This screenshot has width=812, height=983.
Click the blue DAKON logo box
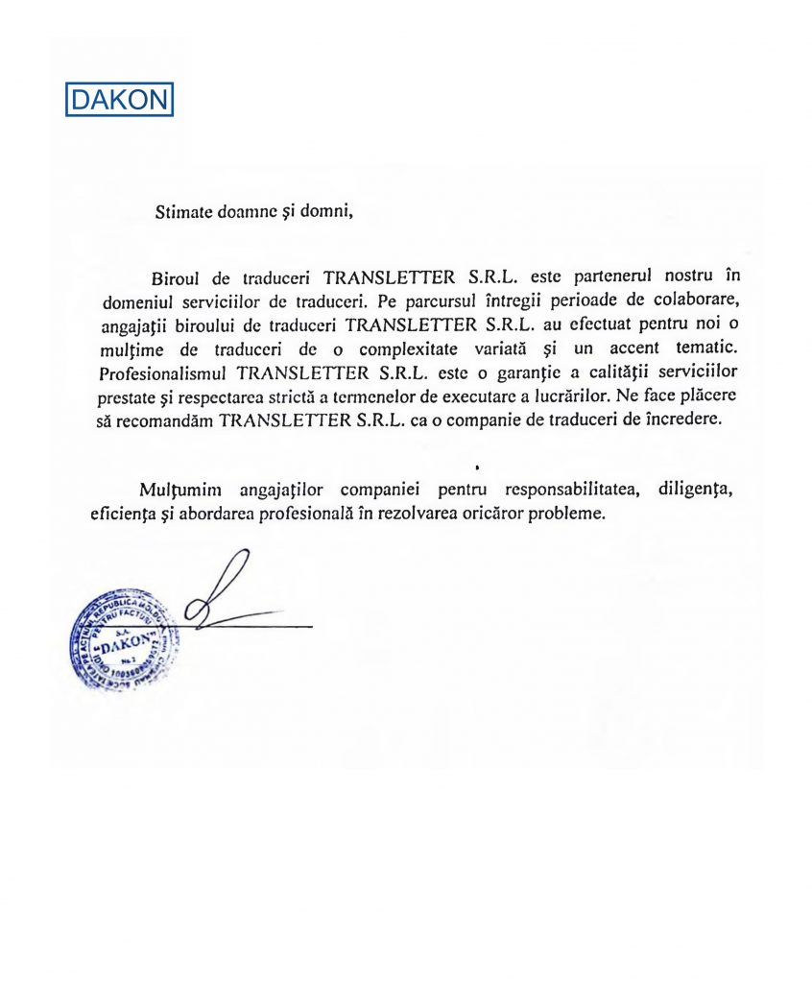point(119,100)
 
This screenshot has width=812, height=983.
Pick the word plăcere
point(697,395)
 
